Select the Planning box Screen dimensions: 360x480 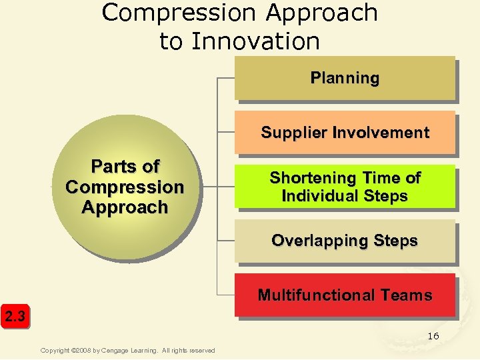[x=345, y=78]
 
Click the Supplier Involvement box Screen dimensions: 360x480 [x=345, y=133]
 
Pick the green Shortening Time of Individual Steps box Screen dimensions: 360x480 [x=345, y=187]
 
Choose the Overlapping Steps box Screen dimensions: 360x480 [x=345, y=241]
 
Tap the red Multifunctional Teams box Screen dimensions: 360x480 [x=345, y=295]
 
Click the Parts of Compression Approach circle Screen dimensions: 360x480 [x=125, y=187]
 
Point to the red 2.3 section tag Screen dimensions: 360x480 [x=15, y=316]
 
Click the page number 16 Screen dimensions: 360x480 [x=433, y=336]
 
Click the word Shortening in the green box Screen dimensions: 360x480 [x=303, y=178]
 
